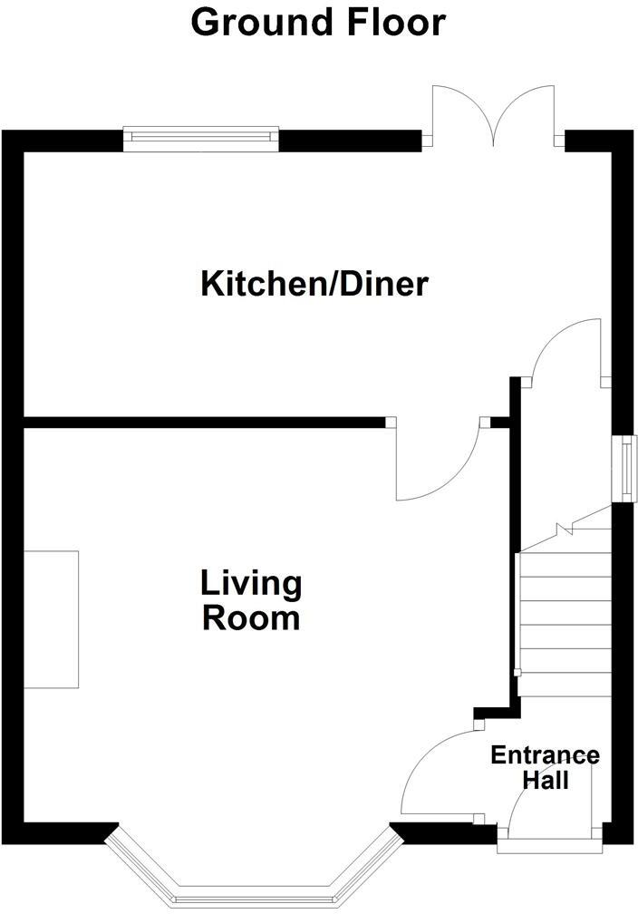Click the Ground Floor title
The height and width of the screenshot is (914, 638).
tap(318, 22)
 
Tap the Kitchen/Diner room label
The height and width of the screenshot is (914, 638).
tap(314, 284)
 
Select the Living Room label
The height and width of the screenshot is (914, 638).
tap(251, 600)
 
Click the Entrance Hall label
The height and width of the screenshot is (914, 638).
tap(545, 766)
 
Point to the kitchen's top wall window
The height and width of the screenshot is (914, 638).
tap(200, 137)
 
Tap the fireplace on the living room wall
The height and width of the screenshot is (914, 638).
tap(51, 618)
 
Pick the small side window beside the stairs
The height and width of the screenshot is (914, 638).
tap(624, 468)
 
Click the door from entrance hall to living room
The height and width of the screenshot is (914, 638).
tap(435, 771)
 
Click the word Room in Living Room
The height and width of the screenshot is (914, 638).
tap(251, 618)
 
